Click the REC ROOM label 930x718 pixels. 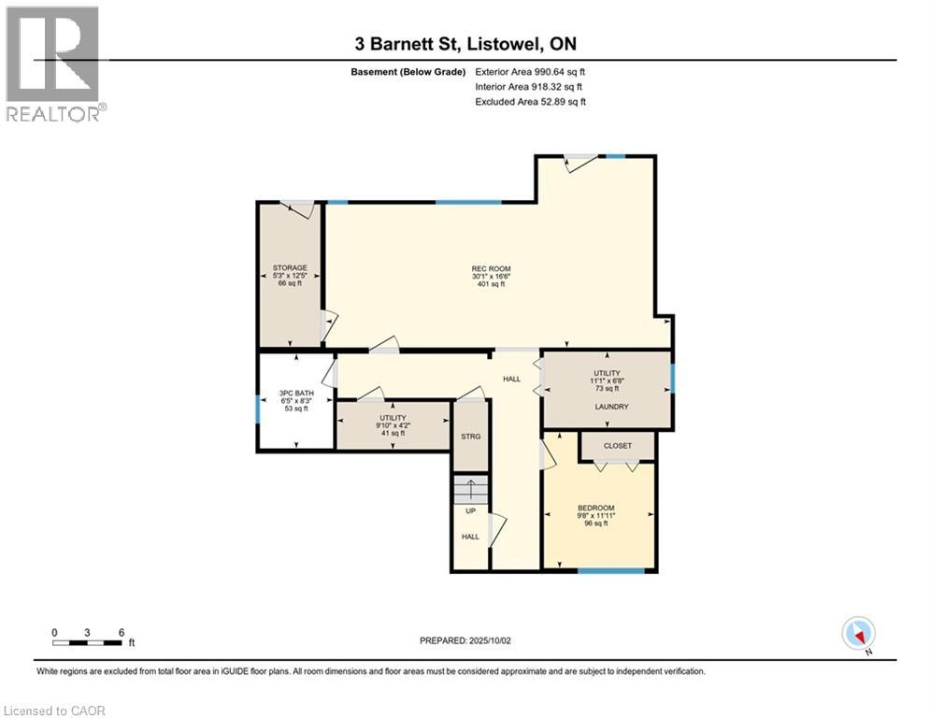pos(491,269)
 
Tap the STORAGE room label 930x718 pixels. pos(290,267)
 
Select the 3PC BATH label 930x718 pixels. pos(296,393)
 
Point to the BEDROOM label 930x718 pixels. pos(596,508)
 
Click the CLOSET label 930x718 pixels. pos(618,446)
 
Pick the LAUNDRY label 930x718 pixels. pos(611,407)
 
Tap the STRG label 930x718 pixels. pos(471,437)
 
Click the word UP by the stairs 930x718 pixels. pos(470,510)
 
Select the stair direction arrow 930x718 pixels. pos(471,489)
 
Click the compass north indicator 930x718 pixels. pos(858,634)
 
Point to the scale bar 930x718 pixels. pos(87,642)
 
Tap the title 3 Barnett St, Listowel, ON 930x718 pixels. pos(465,44)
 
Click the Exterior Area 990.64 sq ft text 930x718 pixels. pos(530,72)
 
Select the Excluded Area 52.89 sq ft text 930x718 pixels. pos(530,102)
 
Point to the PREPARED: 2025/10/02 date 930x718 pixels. pos(465,640)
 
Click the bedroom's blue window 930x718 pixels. pos(611,571)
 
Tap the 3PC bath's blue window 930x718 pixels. pos(258,409)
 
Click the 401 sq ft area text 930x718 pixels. pos(491,284)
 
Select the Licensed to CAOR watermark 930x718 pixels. pos(54,711)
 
